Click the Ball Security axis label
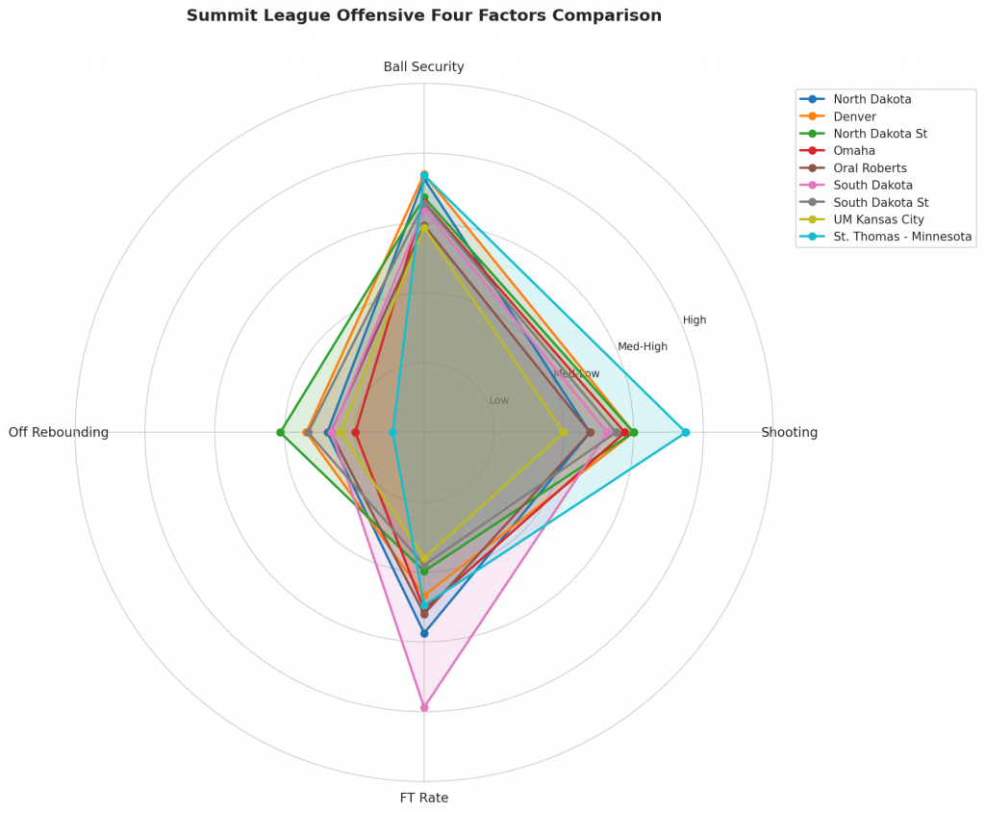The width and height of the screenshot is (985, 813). click(x=423, y=67)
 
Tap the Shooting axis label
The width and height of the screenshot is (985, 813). click(x=789, y=433)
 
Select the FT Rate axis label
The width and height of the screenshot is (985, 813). click(x=423, y=798)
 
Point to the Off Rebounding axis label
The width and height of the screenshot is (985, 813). click(x=59, y=433)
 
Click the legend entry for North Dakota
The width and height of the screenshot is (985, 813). click(x=872, y=99)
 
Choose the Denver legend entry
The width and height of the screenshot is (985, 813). click(x=856, y=116)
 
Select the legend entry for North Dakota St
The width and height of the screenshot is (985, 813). click(x=880, y=134)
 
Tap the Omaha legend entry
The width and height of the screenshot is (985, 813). click(x=855, y=151)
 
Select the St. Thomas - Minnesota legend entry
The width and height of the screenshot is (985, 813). click(x=902, y=237)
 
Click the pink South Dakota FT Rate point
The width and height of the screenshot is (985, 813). click(x=424, y=707)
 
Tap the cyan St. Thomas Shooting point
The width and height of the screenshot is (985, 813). click(x=686, y=433)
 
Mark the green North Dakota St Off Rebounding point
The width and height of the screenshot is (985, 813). click(x=280, y=433)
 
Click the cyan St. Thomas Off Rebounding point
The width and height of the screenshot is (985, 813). click(x=392, y=433)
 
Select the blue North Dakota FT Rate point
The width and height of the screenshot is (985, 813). click(x=424, y=633)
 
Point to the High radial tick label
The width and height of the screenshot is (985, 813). click(x=695, y=320)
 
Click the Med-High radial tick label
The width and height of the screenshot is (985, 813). click(x=642, y=347)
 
